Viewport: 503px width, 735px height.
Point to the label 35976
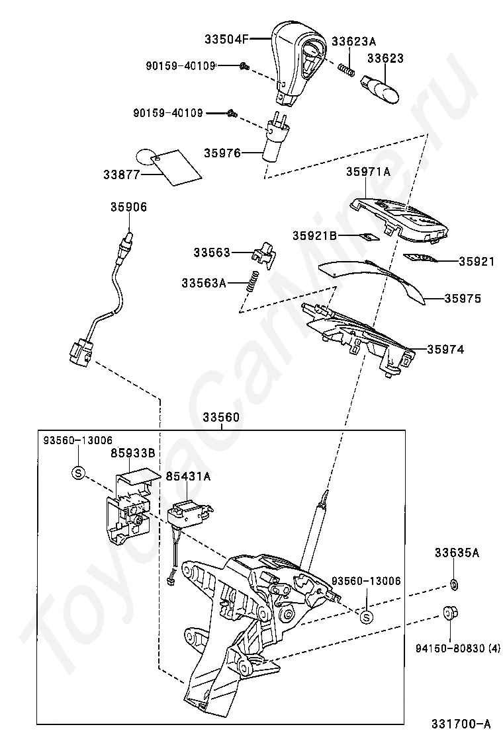coord(222,153)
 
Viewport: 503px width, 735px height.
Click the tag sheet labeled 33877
coord(173,166)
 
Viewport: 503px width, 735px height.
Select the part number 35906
coord(128,207)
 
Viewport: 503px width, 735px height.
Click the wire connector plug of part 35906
coord(79,351)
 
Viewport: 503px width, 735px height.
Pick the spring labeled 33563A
coord(250,282)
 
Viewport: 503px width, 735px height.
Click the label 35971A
coord(368,171)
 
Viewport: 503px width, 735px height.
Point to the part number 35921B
coord(316,235)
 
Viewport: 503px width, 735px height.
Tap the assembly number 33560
coord(221,418)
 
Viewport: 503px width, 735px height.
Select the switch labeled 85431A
coord(189,513)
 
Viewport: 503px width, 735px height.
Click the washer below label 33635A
coord(455,584)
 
